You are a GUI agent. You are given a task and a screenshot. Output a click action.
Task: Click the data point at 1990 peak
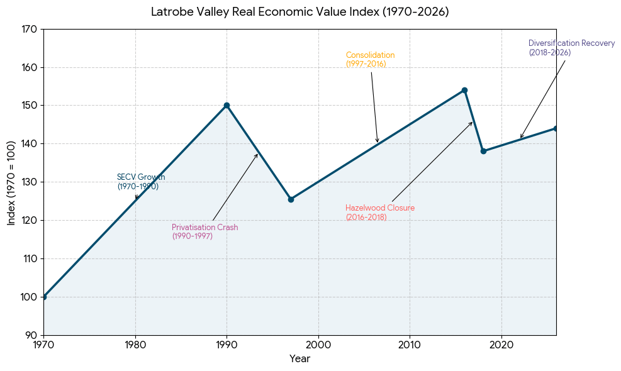227,105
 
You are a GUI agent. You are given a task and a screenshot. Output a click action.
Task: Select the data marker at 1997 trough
291,199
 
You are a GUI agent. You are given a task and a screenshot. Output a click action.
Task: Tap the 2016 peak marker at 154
464,91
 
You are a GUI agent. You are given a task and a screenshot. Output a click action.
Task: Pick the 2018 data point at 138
483,152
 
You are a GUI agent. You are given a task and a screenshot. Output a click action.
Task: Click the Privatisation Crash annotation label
204,231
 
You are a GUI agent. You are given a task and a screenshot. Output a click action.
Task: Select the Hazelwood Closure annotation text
380,213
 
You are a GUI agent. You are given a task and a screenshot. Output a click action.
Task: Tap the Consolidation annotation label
371,59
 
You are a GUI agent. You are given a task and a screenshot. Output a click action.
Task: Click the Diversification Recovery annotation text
571,48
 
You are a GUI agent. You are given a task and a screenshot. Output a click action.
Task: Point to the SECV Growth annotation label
141,182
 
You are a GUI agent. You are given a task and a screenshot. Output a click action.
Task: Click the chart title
300,12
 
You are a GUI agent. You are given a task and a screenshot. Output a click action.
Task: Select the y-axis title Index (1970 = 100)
11,183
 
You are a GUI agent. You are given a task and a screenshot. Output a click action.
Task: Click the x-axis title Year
300,358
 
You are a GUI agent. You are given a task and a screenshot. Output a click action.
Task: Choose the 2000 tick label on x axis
318,345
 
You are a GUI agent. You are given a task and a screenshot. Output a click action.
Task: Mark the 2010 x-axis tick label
410,345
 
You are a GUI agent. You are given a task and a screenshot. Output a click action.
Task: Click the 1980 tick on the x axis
135,345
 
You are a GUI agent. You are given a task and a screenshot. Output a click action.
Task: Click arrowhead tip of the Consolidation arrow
378,143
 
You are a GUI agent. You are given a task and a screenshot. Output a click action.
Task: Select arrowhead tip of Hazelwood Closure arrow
473,122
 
